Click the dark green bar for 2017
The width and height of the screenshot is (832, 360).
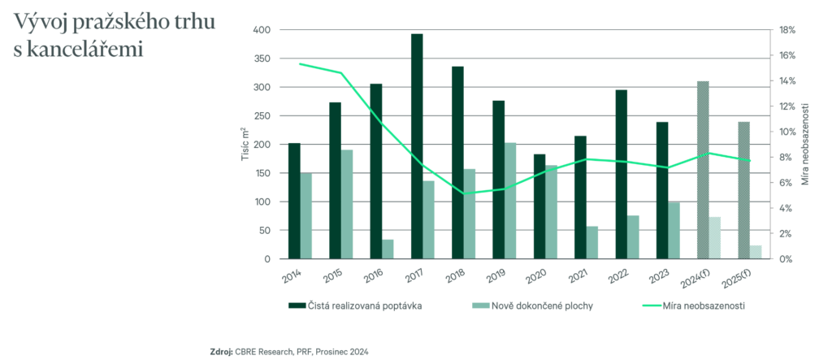point(417,146)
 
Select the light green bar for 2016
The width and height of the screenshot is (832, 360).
point(388,249)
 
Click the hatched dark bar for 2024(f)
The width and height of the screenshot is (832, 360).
point(703,170)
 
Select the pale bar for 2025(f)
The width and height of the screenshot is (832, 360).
point(756,252)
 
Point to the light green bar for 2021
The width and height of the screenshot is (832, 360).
point(592,243)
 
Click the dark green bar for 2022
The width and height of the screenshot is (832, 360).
point(622,174)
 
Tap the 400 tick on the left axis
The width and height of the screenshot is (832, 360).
point(260,30)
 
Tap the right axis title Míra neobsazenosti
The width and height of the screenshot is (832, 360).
point(805,145)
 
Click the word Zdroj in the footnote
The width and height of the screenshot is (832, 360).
point(221,351)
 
